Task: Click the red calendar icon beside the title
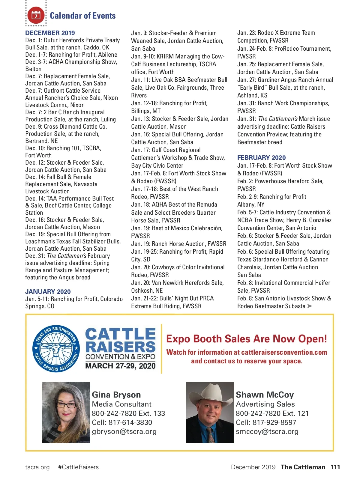[x=36, y=15]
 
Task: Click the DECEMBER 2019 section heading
[x=50, y=33]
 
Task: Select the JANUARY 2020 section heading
[x=48, y=292]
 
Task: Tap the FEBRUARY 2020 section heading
[x=261, y=158]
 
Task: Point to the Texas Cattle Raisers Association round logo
[x=56, y=349]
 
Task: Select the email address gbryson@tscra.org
[x=124, y=431]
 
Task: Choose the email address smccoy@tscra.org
[x=267, y=431]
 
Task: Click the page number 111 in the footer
[x=335, y=467]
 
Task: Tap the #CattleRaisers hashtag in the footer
[x=78, y=467]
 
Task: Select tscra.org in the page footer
[x=37, y=467]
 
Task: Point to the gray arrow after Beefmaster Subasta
[x=310, y=306]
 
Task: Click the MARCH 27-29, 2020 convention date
[x=120, y=366]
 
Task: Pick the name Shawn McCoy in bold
[x=265, y=395]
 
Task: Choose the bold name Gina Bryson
[x=116, y=395]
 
